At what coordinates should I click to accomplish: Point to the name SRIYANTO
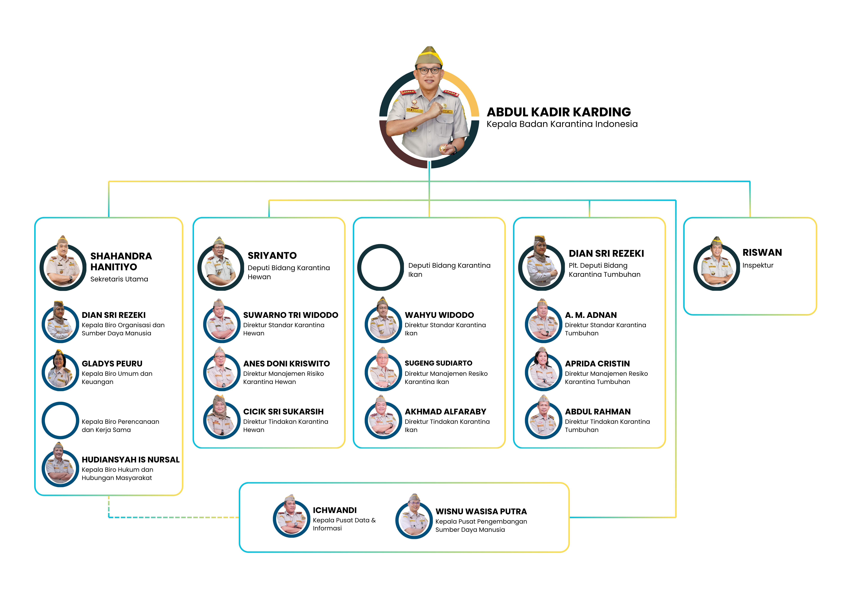coord(272,256)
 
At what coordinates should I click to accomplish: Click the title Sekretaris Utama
coord(119,279)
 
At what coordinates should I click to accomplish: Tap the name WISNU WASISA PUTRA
coord(481,512)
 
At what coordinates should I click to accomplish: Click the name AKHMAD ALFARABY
coord(445,412)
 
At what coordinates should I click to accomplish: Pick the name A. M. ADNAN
coord(591,315)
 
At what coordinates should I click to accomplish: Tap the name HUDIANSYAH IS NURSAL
coord(131,460)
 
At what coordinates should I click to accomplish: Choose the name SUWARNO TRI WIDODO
coord(291,315)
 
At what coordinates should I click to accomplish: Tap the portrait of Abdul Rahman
coord(543,417)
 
